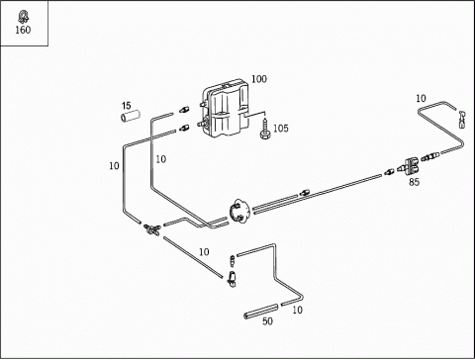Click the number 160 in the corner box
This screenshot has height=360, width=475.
[23, 30]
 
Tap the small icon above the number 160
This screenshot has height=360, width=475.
[23, 17]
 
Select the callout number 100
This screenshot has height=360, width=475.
[259, 79]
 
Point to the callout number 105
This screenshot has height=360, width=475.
[281, 128]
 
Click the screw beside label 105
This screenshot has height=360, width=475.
[265, 130]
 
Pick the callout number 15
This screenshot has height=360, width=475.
[127, 106]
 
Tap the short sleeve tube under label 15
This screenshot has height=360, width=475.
[130, 116]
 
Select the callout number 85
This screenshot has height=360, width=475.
[414, 182]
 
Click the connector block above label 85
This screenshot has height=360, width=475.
[412, 166]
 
